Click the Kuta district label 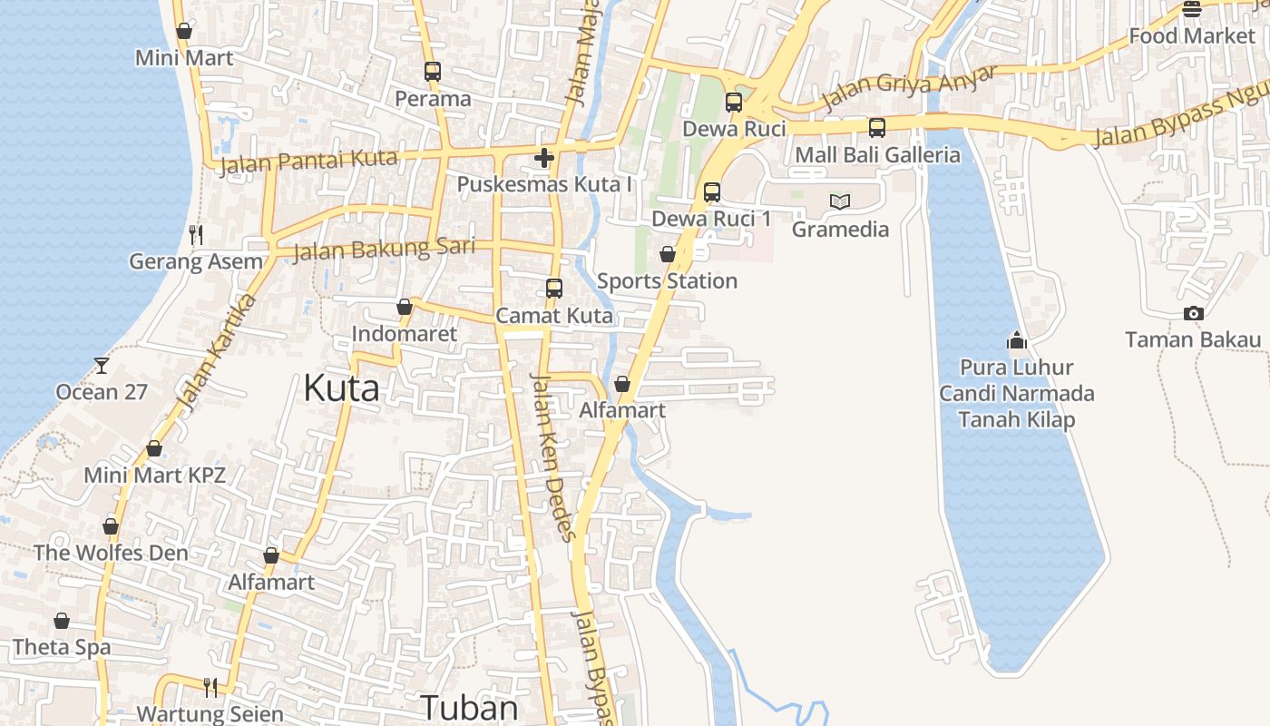pos(341,388)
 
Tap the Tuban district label pos(470,707)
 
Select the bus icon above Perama pos(433,71)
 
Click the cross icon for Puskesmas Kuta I pos(544,158)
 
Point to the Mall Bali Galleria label pos(877,154)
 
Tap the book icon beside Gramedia pos(840,201)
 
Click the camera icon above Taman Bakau pos(1193,314)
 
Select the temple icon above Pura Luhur pos(1017,340)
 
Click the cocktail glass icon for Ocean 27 pos(101,365)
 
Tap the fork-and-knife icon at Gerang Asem pos(196,235)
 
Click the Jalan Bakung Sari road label pos(384,248)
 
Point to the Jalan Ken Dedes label pos(552,456)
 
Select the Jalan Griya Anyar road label pos(908,88)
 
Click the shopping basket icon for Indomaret pos(405,307)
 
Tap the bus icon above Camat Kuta pos(554,289)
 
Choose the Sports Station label pos(667,280)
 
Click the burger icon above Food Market pos(1192,9)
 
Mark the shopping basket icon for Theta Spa pos(62,621)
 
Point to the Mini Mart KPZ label pos(154,475)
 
